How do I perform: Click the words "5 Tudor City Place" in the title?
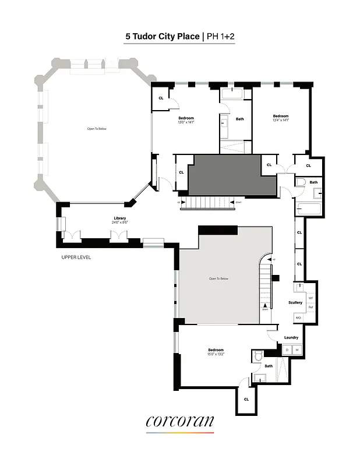point(163,36)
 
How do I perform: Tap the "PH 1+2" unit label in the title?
point(221,36)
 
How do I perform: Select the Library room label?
point(119,218)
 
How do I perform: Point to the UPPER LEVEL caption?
point(76,257)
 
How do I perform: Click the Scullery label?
point(295,302)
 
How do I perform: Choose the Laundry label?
point(291,337)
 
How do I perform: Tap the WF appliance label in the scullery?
point(310,298)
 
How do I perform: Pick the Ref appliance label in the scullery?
point(310,307)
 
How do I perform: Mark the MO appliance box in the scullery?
point(298,317)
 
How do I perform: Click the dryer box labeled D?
point(287,349)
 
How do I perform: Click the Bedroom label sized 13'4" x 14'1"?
point(281,116)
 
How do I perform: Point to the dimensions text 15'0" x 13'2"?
point(216,354)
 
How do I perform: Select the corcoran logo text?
point(179,421)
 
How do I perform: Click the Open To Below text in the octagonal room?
point(97,129)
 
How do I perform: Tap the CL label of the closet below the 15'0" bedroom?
point(246,399)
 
